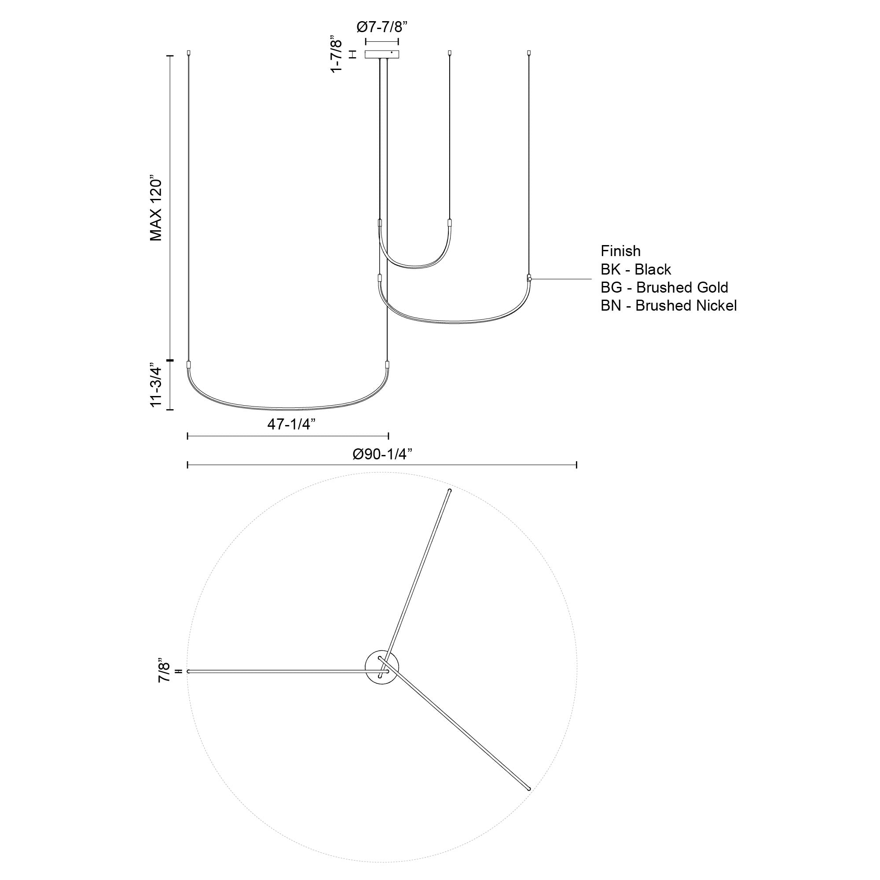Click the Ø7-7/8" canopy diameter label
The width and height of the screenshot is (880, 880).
point(381,27)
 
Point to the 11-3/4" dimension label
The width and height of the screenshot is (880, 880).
point(156,386)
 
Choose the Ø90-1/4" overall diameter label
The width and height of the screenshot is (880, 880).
point(383,454)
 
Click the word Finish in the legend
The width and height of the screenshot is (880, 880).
point(620,251)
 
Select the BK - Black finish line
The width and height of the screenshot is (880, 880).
point(635,269)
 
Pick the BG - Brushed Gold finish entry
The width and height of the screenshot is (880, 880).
point(664,287)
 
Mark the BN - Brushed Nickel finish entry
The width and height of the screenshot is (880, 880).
point(668,306)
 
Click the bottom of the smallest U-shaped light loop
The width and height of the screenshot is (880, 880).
point(414,268)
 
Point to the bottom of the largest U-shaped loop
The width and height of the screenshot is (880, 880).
point(288,408)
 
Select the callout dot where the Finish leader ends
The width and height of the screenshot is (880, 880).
point(529,279)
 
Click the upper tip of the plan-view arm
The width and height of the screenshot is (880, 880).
point(450,491)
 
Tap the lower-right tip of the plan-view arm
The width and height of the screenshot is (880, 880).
point(529,788)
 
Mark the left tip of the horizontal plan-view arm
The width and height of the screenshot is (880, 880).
point(189,671)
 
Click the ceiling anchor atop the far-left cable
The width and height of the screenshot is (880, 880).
point(189,53)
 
